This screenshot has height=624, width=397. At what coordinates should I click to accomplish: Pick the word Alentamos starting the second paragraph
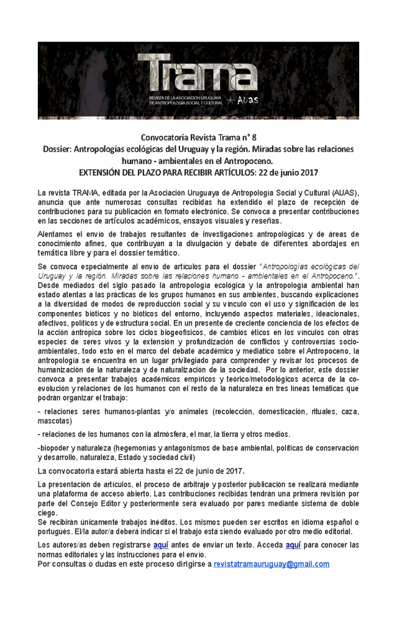coord(57,234)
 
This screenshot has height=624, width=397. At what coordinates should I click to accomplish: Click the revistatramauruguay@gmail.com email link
coord(271,564)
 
